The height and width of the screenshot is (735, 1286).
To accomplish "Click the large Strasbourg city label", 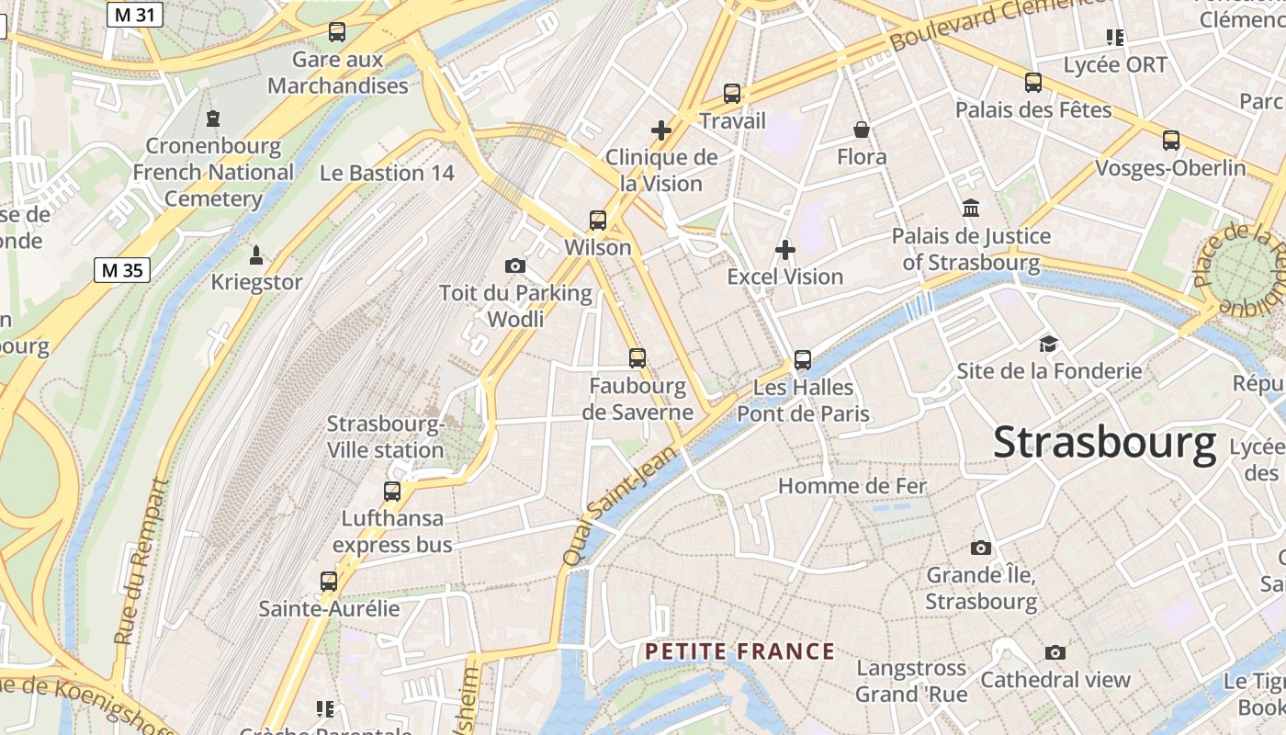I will (x=1104, y=443).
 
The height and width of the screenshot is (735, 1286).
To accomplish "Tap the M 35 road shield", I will (x=122, y=270).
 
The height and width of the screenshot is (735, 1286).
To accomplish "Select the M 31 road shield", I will (x=133, y=15).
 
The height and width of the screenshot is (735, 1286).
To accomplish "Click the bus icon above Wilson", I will (x=598, y=220).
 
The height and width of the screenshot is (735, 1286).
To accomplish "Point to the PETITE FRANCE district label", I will (x=739, y=652).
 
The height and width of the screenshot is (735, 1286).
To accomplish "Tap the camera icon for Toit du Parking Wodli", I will (x=515, y=266).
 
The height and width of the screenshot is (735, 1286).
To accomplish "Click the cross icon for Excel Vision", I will (x=785, y=250).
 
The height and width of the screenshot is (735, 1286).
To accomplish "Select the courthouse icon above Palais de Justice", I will (x=971, y=209).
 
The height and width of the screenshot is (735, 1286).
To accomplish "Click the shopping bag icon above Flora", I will (x=862, y=130).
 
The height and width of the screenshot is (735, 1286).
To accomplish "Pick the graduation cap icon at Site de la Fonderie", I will (x=1048, y=345).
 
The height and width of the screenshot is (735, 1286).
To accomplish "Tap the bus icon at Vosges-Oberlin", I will (x=1171, y=141).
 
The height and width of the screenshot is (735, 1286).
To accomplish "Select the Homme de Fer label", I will (x=852, y=486).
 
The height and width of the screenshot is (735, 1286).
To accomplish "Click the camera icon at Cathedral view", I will (x=1055, y=652).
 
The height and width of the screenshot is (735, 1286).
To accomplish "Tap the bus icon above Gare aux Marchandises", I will (x=337, y=32).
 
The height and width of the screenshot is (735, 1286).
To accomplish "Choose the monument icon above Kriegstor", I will (x=256, y=254).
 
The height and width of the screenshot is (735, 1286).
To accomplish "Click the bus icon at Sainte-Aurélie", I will (x=329, y=582).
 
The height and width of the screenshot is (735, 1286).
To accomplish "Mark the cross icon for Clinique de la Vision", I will (x=661, y=130).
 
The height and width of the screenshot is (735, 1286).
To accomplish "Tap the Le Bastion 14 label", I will (x=387, y=173).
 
